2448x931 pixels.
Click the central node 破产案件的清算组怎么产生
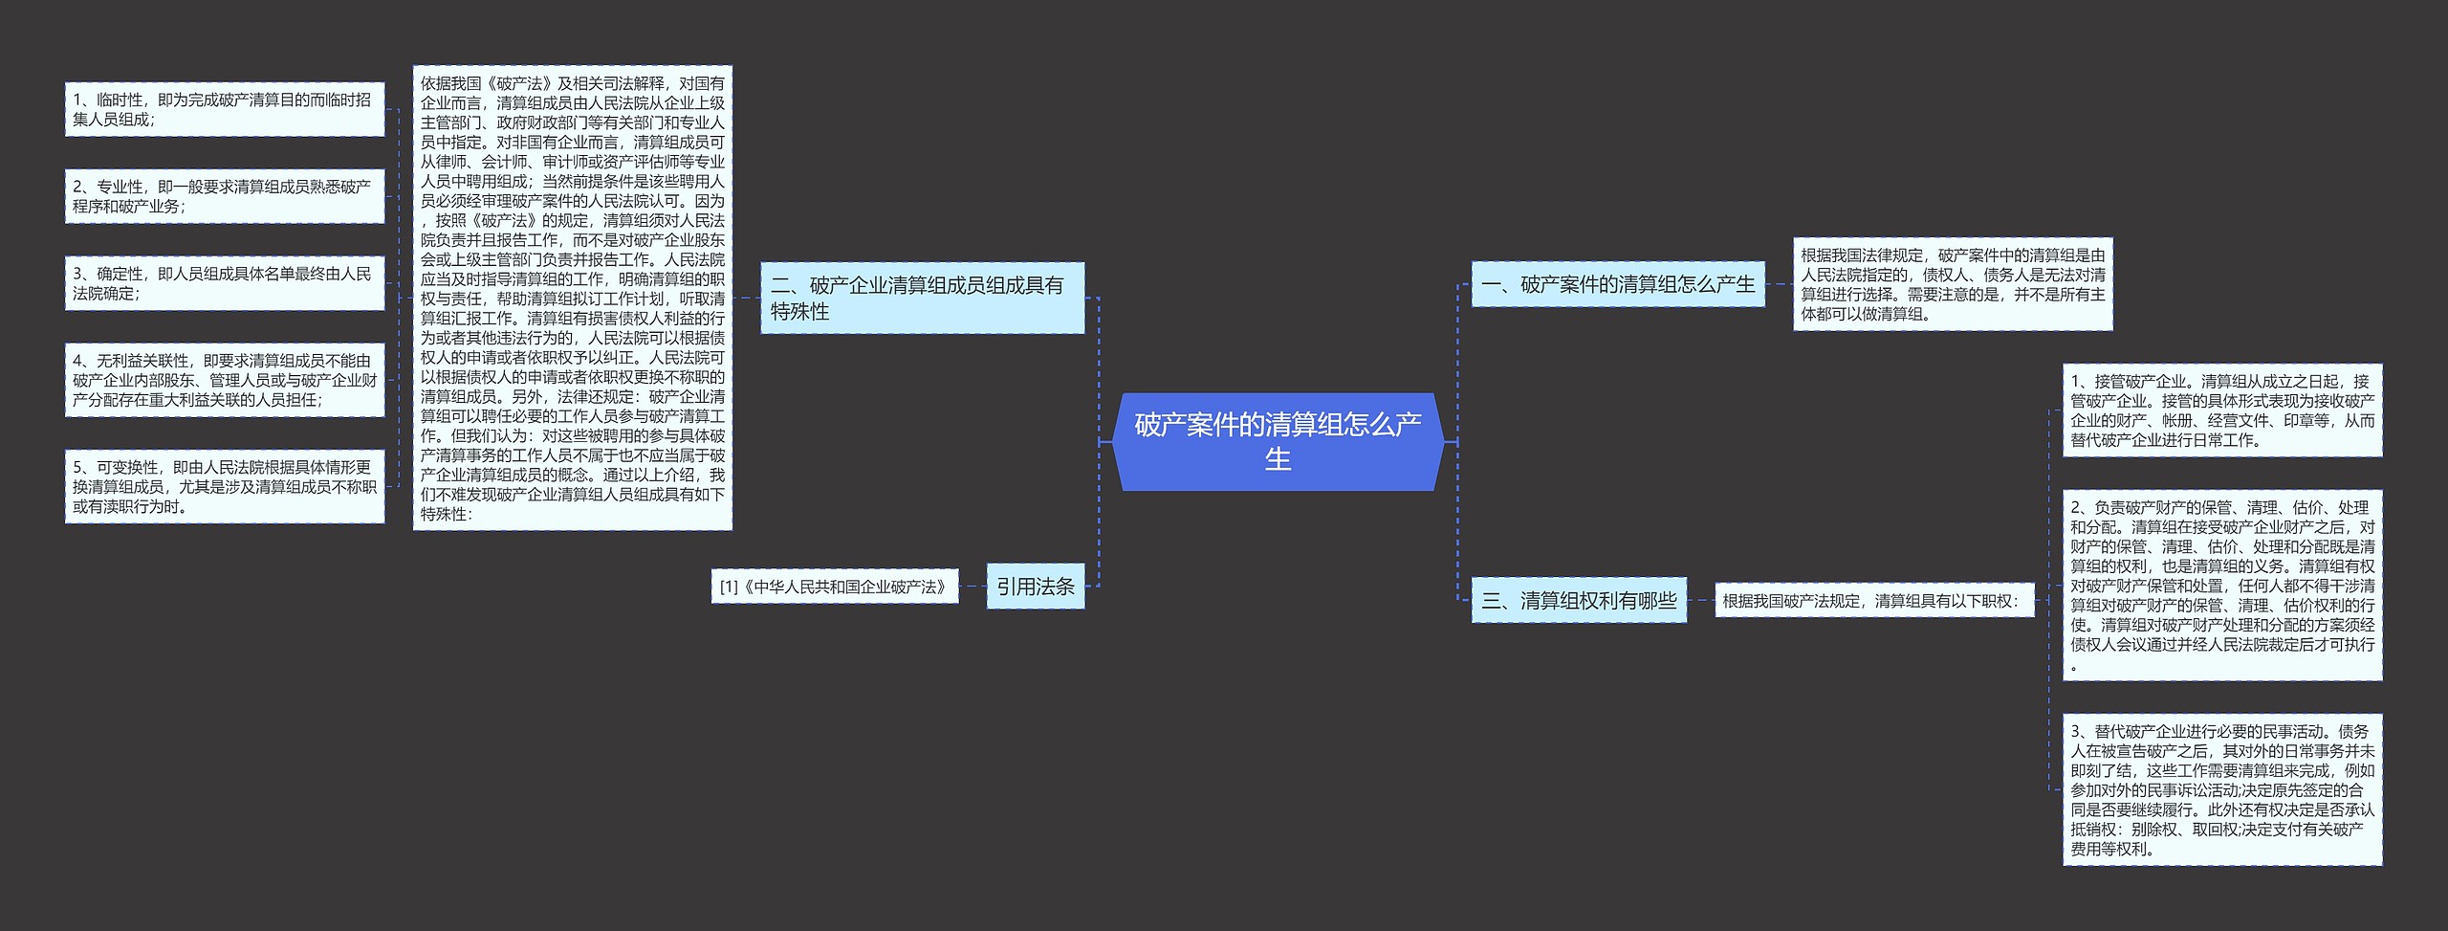1278,442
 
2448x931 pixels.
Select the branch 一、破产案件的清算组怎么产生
1617,284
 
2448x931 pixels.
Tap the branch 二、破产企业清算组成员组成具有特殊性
922,298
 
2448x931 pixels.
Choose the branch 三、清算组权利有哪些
1579,600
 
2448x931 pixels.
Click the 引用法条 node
1035,586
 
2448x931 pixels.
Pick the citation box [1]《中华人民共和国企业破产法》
834,587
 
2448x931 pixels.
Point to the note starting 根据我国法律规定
1952,284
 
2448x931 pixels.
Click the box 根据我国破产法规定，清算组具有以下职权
1873,601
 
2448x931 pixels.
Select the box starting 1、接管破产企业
2221,410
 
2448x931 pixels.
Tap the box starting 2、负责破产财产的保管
2221,586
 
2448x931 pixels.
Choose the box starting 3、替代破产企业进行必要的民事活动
2221,789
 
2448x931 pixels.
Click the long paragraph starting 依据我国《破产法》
572,298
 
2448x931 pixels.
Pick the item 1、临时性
224,109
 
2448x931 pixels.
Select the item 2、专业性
224,196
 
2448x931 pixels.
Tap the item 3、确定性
224,283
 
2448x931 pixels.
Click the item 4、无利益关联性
224,380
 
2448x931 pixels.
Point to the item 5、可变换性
224,486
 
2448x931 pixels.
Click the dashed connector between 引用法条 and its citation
973,587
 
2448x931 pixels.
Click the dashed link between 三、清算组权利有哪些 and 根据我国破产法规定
1700,601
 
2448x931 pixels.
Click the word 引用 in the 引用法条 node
1016,586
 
